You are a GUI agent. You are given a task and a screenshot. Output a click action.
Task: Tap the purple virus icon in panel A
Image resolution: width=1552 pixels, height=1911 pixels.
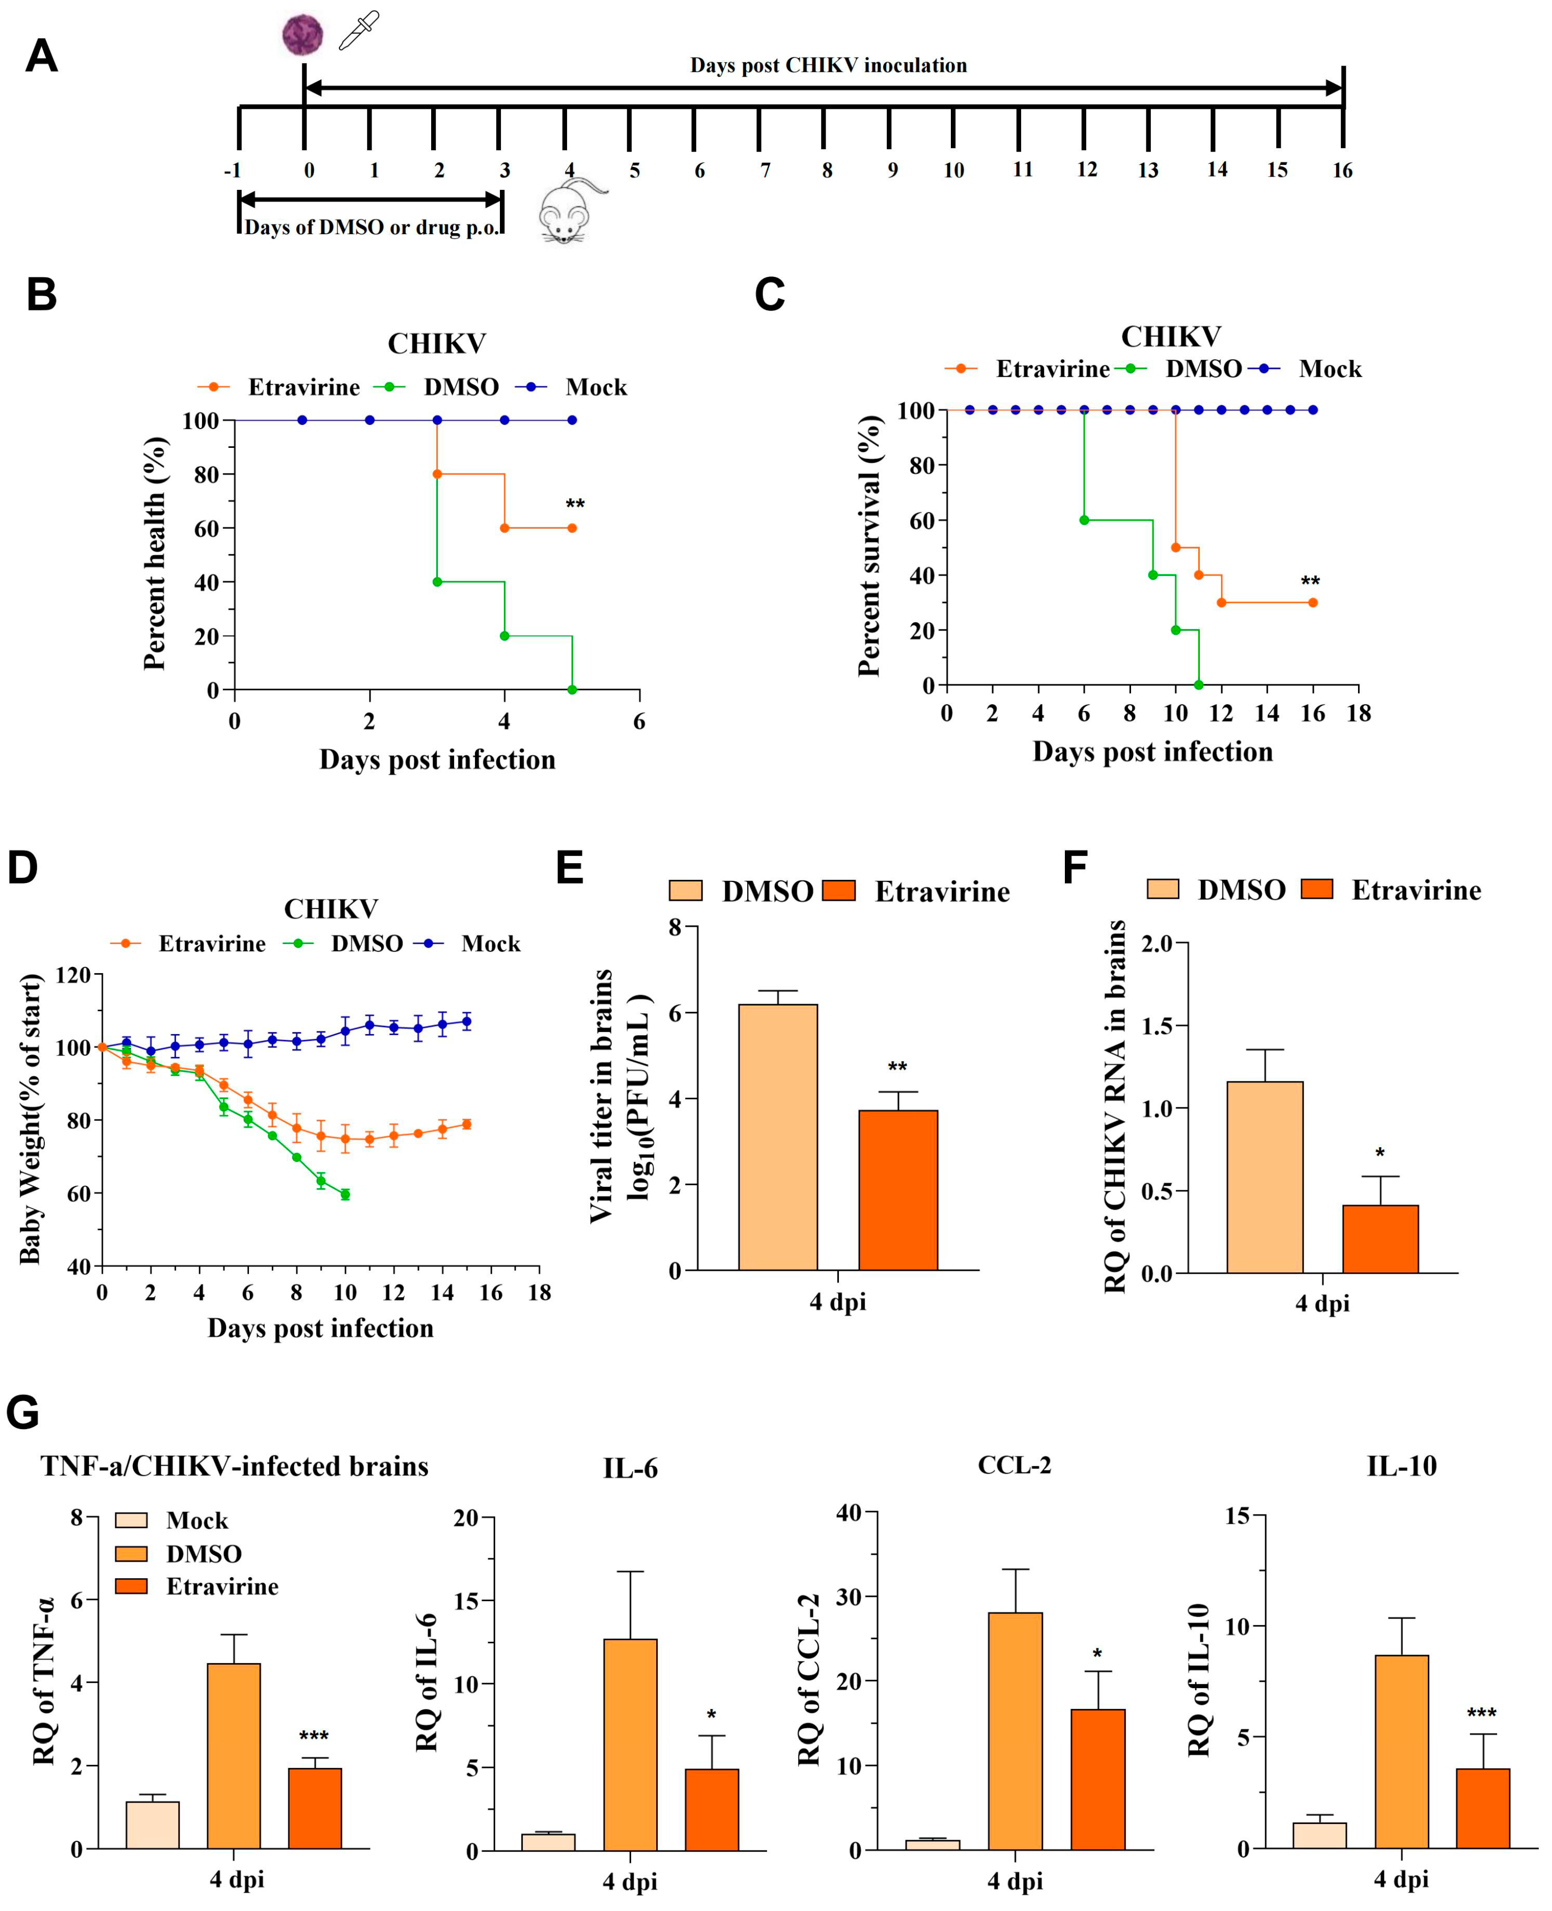[x=302, y=35]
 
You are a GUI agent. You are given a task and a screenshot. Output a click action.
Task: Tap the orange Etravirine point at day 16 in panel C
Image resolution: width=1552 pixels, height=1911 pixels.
[x=1312, y=603]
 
